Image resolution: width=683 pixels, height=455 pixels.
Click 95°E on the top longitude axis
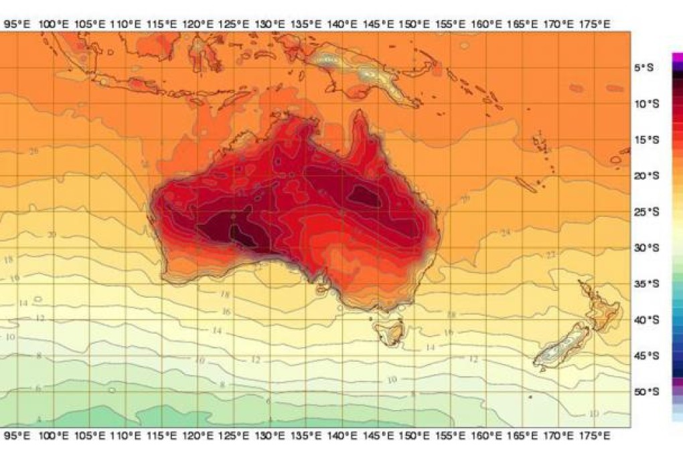[17, 24]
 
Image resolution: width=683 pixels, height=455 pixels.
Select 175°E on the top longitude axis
[595, 24]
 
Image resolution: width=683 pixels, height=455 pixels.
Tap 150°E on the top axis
[414, 24]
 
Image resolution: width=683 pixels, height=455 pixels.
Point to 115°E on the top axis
[161, 24]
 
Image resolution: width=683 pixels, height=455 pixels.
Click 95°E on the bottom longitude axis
[17, 436]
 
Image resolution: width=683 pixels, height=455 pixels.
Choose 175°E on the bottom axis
[595, 436]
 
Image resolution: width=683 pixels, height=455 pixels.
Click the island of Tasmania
[387, 331]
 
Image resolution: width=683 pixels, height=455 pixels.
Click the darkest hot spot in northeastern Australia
[366, 195]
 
